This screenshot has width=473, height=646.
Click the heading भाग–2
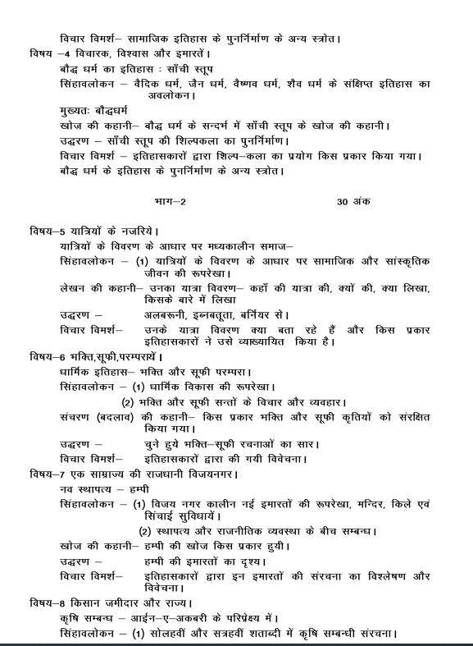click(x=170, y=202)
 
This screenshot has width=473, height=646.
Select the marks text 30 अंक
click(x=353, y=202)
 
